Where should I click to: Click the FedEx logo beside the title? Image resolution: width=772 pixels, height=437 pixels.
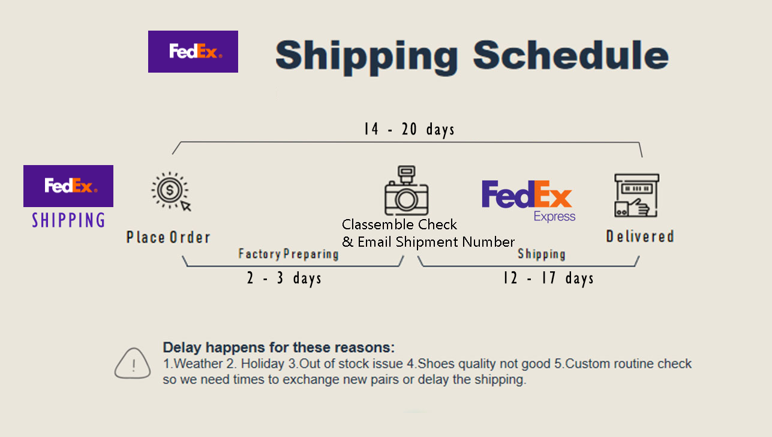click(x=193, y=52)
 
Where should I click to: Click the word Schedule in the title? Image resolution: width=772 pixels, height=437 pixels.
click(x=570, y=55)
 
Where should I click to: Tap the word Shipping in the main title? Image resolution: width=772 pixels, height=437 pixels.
click(x=367, y=57)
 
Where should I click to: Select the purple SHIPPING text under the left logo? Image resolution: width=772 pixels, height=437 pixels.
click(x=68, y=220)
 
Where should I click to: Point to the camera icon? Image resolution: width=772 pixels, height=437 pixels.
click(x=406, y=190)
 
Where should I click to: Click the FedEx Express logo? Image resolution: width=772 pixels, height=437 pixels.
click(x=528, y=200)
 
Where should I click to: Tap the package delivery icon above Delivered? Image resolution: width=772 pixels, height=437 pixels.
click(x=636, y=195)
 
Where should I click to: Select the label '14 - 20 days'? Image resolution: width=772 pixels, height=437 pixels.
click(x=410, y=129)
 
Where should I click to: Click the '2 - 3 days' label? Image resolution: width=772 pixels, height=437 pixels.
click(x=284, y=279)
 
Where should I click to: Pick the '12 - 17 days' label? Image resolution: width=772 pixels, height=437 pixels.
click(x=548, y=279)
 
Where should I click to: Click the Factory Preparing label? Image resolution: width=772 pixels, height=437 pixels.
click(x=289, y=254)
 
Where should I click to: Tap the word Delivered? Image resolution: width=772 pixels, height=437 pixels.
click(x=640, y=237)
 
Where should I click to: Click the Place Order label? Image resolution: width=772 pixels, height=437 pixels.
click(x=168, y=237)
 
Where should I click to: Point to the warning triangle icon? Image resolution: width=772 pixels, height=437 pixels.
click(x=133, y=363)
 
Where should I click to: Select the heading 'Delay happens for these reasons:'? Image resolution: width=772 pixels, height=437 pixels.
click(x=278, y=348)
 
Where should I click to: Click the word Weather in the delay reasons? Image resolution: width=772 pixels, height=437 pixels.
click(x=198, y=364)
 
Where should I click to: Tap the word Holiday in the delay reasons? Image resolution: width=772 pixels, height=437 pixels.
click(x=263, y=364)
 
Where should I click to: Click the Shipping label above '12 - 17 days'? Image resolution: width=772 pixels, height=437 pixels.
click(x=542, y=254)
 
